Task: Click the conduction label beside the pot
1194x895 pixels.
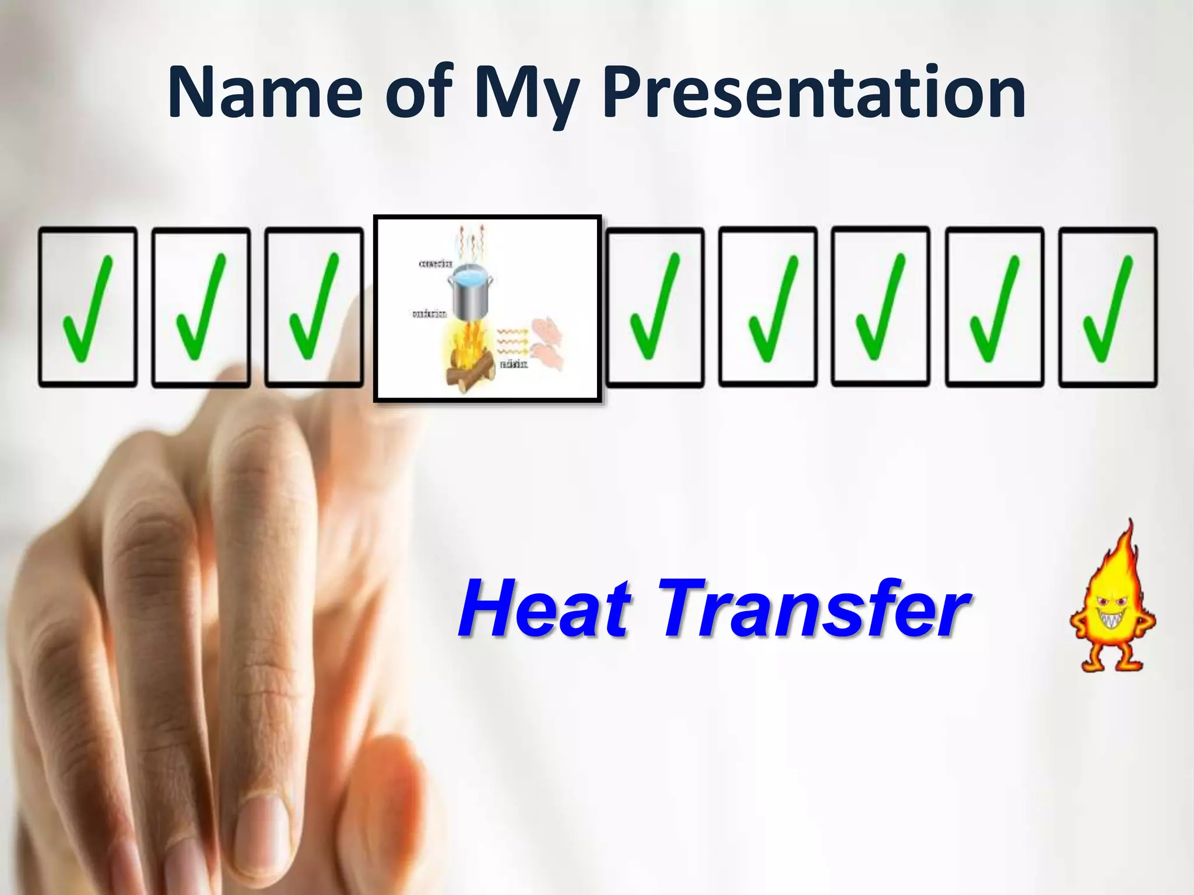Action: [430, 314]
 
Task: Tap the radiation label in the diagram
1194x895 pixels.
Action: [514, 365]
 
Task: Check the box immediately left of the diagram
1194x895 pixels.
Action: [314, 307]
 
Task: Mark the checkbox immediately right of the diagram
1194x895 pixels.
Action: [655, 307]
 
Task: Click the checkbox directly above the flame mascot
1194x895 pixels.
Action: [1108, 307]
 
